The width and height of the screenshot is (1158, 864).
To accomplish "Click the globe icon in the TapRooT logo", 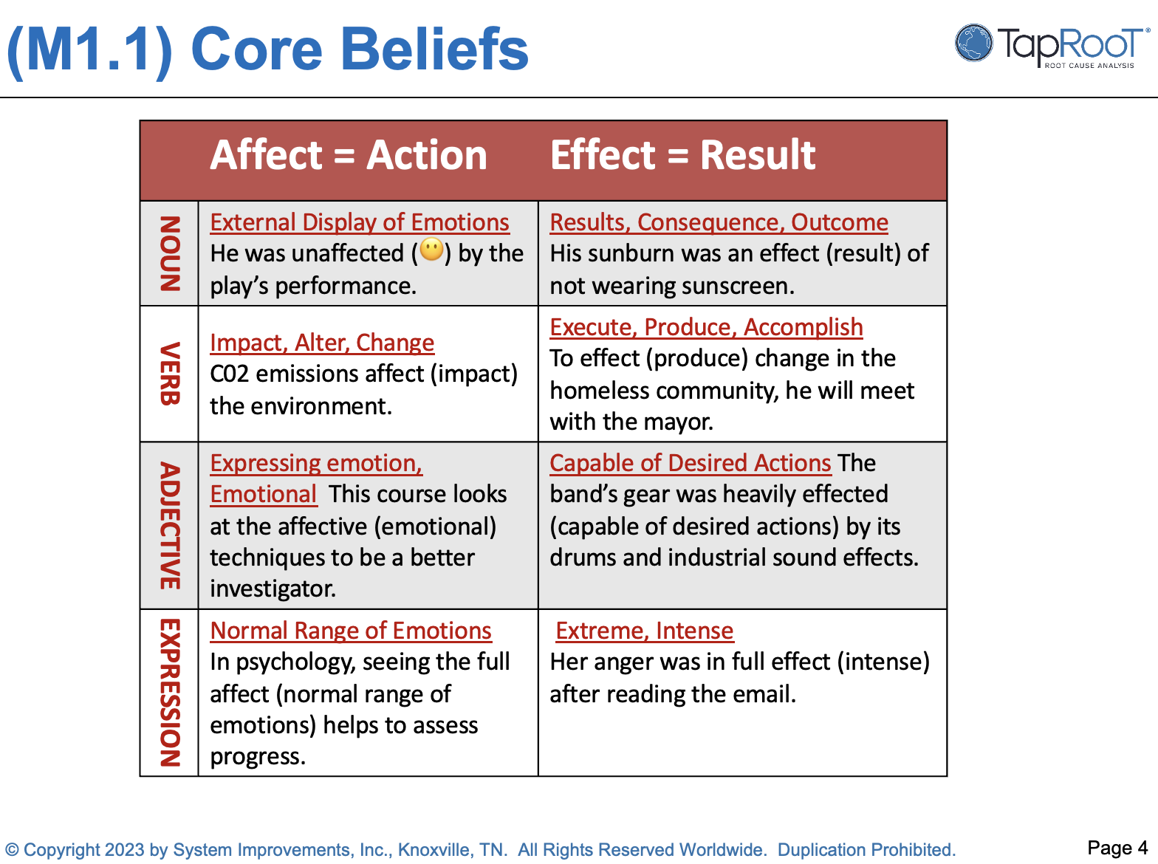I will [973, 43].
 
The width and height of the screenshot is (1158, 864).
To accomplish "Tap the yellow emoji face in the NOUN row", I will [432, 250].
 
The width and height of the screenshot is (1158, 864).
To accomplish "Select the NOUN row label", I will [170, 253].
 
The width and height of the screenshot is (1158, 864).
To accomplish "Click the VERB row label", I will [170, 374].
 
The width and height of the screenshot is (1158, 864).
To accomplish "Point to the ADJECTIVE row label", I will [170, 526].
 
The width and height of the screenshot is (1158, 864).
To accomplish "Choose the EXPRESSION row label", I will [170, 693].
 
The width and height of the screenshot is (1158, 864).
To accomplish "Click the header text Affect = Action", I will [349, 156].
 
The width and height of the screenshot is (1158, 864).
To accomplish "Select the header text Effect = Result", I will [682, 156].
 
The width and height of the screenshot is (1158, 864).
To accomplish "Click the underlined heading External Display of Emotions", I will [360, 222].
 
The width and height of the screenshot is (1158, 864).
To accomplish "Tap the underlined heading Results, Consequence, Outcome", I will [719, 222].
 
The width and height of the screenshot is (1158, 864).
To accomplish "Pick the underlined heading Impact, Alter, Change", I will [322, 343].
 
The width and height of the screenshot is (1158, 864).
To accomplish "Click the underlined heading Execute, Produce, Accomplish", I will [706, 327].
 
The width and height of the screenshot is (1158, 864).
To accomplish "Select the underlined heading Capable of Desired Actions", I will [691, 463].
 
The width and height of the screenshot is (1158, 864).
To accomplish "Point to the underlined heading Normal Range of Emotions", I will [351, 631].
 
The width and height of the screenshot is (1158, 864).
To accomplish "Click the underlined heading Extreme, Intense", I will [644, 631].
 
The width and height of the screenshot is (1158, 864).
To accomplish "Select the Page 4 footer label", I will [1117, 848].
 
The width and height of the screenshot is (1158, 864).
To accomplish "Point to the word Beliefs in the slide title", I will [434, 49].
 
